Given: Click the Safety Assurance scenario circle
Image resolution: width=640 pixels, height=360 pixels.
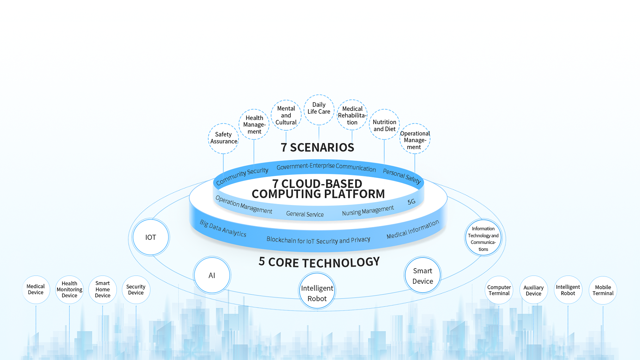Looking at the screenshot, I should (223, 138).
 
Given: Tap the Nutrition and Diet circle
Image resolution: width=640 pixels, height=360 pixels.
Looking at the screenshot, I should (384, 125).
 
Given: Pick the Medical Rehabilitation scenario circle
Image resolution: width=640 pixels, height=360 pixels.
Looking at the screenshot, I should (352, 115).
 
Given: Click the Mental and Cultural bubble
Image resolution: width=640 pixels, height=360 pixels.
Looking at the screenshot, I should (286, 115).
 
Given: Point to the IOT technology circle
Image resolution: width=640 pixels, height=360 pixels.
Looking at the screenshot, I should (151, 237).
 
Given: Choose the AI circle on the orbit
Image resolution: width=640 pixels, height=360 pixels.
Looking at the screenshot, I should (212, 275).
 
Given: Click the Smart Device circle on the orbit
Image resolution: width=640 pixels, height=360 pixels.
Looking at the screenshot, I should (423, 275).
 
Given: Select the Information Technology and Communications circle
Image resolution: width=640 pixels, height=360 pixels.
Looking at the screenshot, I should (483, 238).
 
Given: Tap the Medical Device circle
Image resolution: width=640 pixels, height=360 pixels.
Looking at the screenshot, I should (36, 289).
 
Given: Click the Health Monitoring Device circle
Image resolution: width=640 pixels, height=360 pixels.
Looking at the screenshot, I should (69, 289).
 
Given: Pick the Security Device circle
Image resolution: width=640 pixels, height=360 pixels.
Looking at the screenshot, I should (136, 289).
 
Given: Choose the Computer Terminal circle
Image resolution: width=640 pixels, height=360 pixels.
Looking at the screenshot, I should (499, 290).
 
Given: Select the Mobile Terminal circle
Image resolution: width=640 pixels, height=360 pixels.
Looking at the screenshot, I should (603, 290).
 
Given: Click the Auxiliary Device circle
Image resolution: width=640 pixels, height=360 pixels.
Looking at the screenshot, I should (533, 290).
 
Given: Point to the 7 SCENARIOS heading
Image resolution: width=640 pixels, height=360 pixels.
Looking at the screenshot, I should (317, 147).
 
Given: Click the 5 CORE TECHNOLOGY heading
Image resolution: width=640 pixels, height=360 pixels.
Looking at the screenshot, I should (319, 262).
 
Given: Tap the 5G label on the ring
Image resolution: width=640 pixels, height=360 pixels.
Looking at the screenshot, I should (412, 202).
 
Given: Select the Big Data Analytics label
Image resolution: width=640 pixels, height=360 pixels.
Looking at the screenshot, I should (223, 228).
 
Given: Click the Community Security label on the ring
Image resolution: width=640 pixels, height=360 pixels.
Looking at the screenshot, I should (242, 176).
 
